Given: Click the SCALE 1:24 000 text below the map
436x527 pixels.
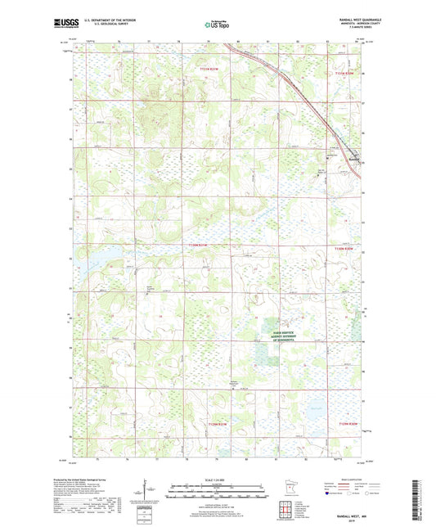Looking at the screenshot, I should tap(218, 480).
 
